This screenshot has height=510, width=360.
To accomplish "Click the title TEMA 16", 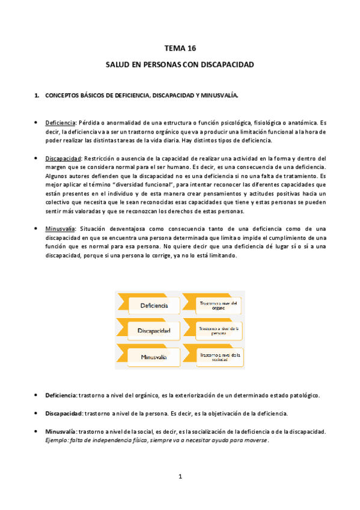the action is [180, 48].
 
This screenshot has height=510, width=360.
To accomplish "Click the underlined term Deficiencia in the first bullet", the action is [60, 121].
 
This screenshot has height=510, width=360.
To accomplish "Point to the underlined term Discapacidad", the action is [63, 158].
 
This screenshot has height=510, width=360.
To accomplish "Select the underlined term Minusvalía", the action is [60, 229].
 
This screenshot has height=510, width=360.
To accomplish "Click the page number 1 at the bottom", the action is [180, 476].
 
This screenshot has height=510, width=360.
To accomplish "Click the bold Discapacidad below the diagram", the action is [63, 414].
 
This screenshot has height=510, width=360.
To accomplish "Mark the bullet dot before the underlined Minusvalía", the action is [37, 229].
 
